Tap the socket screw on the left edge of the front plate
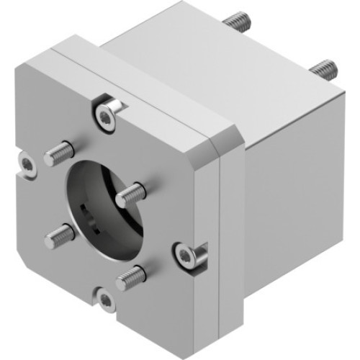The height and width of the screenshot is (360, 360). [x=27, y=165]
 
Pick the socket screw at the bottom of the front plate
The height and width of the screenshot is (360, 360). [x=107, y=301]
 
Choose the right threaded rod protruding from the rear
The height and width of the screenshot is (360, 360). [x=323, y=68]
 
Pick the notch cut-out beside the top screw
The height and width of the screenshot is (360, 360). [x=121, y=107]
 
